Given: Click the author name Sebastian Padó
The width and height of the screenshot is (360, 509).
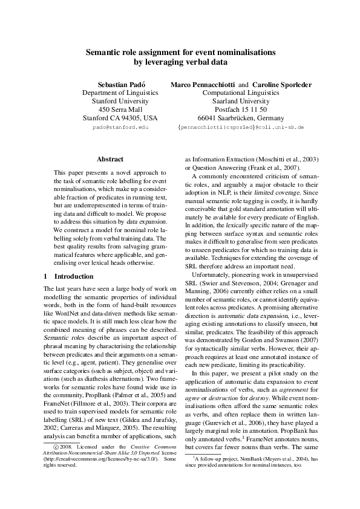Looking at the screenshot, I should (x=119, y=84).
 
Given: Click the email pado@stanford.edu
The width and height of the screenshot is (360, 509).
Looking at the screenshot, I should (x=120, y=128).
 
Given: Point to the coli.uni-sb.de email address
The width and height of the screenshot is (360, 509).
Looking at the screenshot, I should (x=240, y=128).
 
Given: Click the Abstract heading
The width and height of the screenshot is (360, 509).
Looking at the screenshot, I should (x=110, y=159).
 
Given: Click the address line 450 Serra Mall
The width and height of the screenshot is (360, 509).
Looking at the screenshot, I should (x=120, y=109).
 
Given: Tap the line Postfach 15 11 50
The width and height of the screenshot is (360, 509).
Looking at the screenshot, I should (x=240, y=109).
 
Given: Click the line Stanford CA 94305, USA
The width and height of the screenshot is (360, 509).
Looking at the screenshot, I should (x=120, y=118).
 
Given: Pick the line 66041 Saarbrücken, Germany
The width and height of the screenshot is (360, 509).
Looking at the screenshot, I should (x=240, y=118).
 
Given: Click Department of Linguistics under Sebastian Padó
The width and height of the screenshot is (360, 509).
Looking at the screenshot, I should (x=120, y=92).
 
